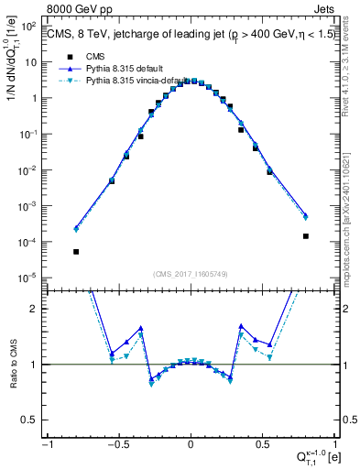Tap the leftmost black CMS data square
pos(76,251)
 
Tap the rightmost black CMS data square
pos(305,235)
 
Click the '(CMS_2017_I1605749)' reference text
pos(191,274)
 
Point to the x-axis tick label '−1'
pos(48,445)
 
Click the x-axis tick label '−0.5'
pos(116,445)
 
